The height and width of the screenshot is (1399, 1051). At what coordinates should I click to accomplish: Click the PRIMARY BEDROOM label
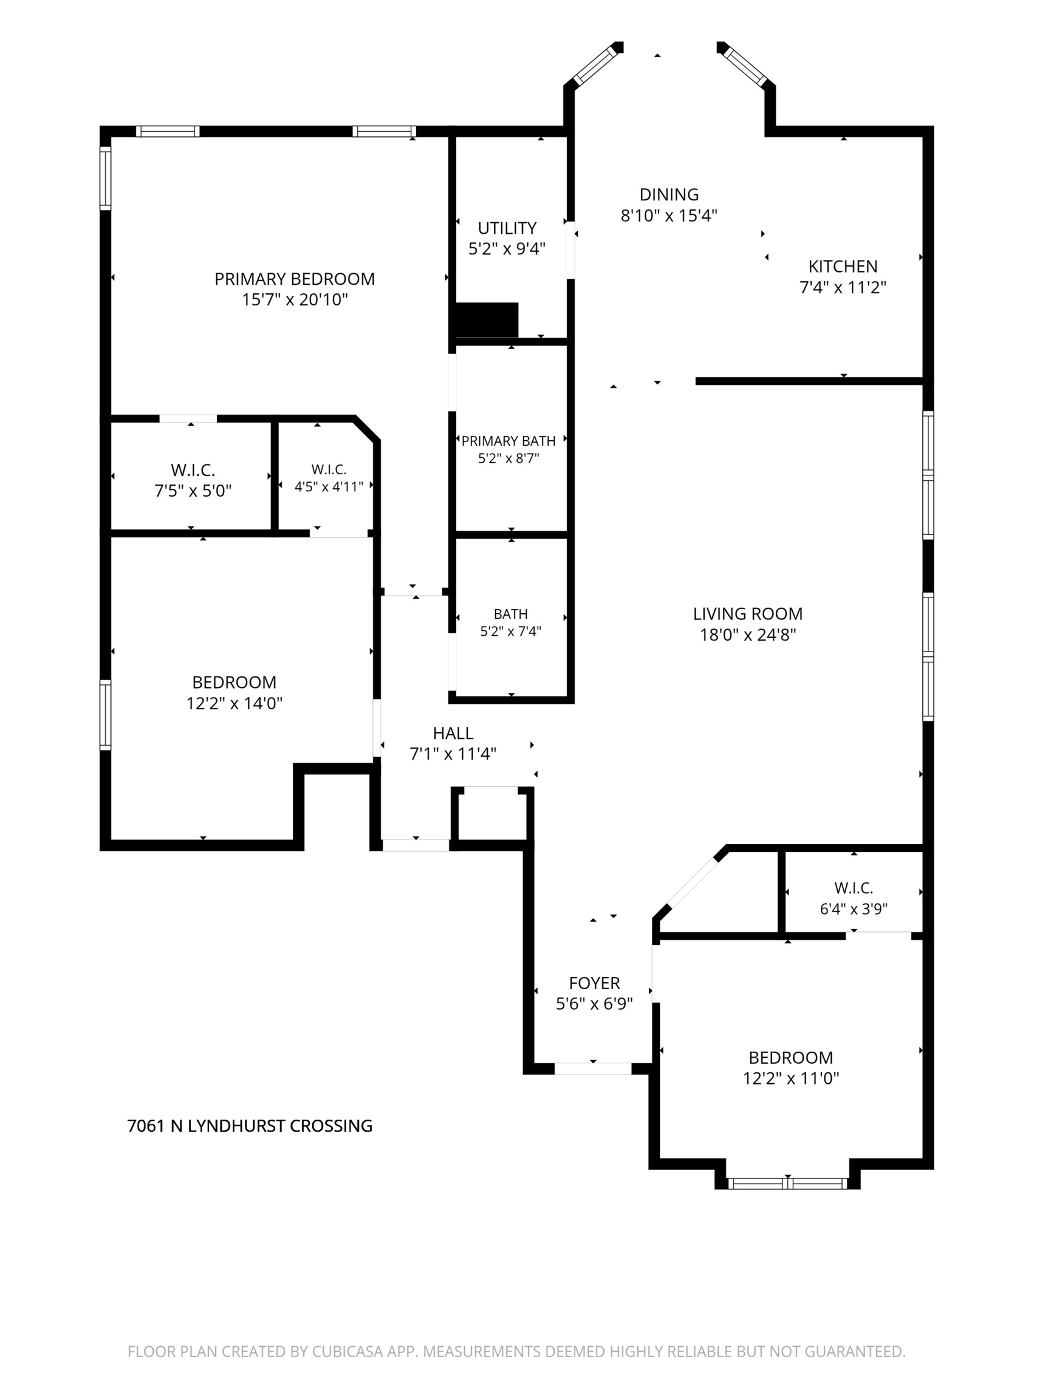coord(294,279)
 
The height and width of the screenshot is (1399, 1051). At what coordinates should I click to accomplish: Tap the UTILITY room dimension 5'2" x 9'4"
coord(507,248)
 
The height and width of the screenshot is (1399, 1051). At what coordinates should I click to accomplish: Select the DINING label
coord(669,194)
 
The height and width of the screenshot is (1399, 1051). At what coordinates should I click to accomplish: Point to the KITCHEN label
coord(843,267)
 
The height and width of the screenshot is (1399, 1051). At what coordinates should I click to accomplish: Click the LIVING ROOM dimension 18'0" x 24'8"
coord(747,635)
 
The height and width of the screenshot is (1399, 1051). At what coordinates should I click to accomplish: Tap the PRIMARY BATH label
coord(508,441)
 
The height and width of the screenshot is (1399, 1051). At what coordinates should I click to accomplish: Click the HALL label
coord(453,733)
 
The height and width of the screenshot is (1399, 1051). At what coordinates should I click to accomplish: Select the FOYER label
coord(594,983)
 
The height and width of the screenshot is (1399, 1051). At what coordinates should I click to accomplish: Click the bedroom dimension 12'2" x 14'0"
coord(234,703)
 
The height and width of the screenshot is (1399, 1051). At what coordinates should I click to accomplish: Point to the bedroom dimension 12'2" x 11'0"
coord(791,1078)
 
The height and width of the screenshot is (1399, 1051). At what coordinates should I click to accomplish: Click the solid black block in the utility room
coord(487,320)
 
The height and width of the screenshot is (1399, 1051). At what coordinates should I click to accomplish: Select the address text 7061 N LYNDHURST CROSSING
coord(250,1126)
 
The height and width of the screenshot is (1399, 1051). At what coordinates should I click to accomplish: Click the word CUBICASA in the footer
coord(348,1352)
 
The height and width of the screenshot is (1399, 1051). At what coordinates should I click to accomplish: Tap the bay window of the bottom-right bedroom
coord(787,1183)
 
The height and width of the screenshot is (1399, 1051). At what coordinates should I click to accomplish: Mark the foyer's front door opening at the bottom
coord(593,1069)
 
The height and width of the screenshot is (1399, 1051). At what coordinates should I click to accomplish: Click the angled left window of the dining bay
coord(594,64)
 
